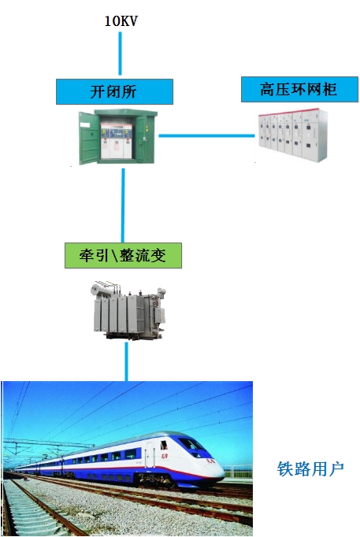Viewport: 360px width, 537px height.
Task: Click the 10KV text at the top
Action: [121, 21]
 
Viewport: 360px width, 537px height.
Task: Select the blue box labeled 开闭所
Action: [114, 92]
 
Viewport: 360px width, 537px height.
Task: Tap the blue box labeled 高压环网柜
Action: [299, 90]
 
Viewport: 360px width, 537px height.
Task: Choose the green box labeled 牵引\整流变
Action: [123, 255]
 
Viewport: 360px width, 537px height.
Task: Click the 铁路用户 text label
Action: [310, 468]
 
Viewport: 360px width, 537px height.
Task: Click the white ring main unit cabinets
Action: [293, 135]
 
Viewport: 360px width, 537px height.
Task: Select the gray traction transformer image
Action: [129, 310]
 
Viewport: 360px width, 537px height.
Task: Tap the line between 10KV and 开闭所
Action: [120, 54]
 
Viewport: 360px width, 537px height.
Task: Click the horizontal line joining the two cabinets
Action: [207, 135]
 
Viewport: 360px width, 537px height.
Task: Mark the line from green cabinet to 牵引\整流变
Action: [123, 206]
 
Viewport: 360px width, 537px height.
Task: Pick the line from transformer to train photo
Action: [126, 361]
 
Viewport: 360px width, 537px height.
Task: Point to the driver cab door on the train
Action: [150, 454]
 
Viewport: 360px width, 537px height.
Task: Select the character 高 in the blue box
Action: [268, 90]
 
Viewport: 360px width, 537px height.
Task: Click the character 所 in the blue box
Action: [129, 92]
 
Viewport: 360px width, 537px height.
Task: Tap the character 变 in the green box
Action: [158, 255]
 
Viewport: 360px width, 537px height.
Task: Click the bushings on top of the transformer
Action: [108, 287]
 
